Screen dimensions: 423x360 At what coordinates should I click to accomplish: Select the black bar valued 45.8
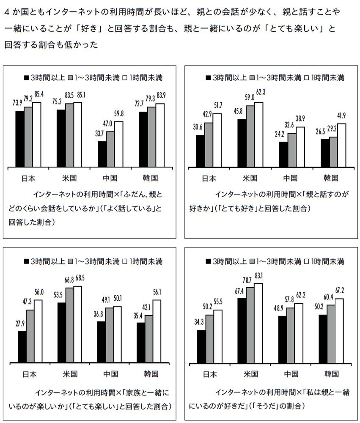coord(242,143)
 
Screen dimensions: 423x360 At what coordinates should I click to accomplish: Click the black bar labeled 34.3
coord(201,346)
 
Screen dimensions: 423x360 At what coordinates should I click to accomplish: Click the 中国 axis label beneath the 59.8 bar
coord(110,177)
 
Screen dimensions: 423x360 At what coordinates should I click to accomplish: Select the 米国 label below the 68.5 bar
coord(70,374)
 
